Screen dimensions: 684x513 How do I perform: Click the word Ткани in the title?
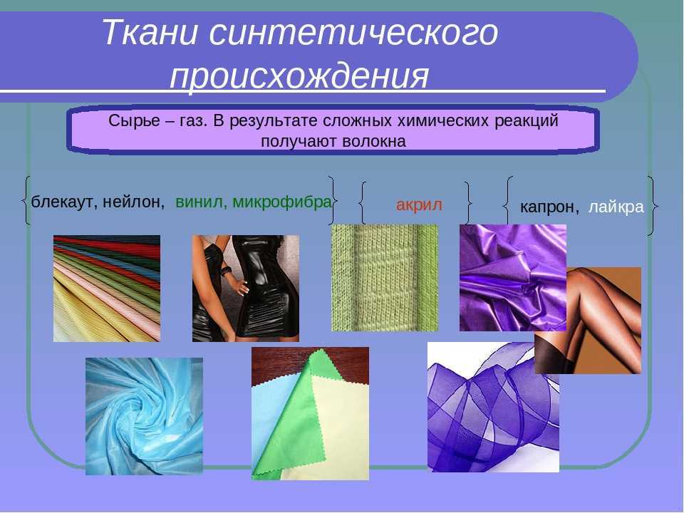coord(150,32)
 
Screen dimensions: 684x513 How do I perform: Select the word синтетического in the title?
coord(353,33)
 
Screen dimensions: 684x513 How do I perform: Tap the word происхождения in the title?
coord(299,77)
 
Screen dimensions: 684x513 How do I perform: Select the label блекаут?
coord(65,202)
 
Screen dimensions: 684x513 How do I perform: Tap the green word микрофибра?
coord(282,202)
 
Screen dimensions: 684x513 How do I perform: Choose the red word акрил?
coord(419,204)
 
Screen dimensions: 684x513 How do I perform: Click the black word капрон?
coord(549,207)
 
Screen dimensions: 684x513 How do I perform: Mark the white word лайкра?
coord(616,207)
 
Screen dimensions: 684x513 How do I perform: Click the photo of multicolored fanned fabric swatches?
coord(107,289)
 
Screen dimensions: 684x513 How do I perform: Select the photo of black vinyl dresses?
coord(246,289)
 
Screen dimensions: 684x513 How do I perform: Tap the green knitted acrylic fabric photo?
coord(385,278)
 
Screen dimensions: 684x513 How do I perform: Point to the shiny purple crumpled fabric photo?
coord(513,278)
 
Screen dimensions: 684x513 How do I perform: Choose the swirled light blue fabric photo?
coord(144,416)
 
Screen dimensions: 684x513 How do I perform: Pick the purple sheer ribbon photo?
coord(493,407)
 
